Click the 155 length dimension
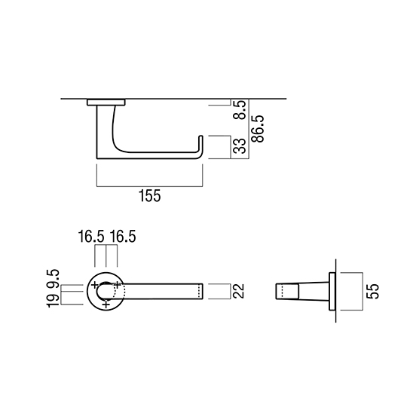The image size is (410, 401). click(149, 196)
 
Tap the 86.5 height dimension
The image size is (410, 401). click(258, 129)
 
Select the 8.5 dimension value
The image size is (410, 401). click(240, 110)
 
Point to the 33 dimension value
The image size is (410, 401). click(240, 146)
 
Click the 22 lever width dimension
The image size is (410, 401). click(238, 291)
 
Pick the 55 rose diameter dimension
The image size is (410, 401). click(372, 291)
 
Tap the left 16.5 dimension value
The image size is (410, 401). click(91, 237)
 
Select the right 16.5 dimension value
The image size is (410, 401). click(123, 237)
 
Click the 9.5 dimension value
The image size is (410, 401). click(53, 279)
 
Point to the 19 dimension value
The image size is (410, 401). click(53, 301)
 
